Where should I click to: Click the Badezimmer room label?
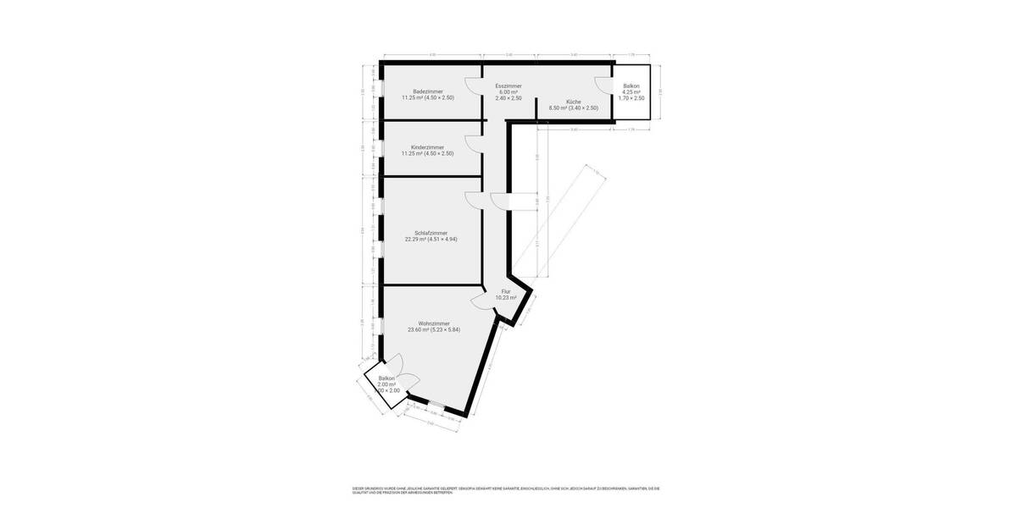428,91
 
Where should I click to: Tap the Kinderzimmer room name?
428,147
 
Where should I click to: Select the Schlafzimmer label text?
431,233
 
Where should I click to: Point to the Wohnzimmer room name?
433,323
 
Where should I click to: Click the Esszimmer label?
508,86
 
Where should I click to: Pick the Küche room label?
574,102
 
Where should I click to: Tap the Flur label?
506,291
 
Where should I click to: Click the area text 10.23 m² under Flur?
506,297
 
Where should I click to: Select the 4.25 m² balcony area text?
631,92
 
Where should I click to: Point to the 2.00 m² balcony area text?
387,384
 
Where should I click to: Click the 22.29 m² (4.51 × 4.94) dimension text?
431,239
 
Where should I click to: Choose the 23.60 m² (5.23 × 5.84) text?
433,329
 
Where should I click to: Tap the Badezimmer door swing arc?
471,86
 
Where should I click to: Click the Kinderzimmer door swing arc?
471,142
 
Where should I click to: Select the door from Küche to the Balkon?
603,86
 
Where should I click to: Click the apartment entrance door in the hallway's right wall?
500,201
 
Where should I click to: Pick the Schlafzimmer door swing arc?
471,199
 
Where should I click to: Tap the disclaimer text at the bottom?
505,490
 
